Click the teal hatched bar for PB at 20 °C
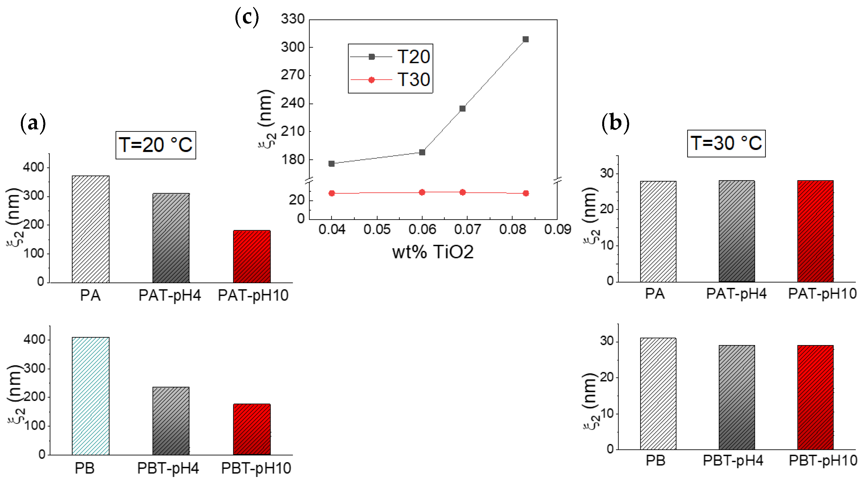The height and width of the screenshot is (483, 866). [x=90, y=396]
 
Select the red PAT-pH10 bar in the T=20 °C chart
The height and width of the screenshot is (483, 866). [x=252, y=256]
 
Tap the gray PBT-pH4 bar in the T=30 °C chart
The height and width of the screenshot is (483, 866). [x=737, y=397]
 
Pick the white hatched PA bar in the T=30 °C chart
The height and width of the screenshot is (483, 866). [x=658, y=232]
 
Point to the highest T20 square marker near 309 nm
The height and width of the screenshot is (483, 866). [x=526, y=39]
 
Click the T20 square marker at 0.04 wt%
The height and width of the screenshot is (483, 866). [x=331, y=164]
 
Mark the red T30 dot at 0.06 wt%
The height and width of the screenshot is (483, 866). [x=422, y=192]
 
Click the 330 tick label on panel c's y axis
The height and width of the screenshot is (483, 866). [x=292, y=19]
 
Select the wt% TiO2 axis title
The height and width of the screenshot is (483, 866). [x=433, y=252]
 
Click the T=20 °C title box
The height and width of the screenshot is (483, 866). [x=156, y=145]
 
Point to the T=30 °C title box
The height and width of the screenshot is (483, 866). [x=726, y=143]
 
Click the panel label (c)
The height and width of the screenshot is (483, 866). [x=247, y=17]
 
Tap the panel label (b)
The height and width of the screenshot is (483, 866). [x=615, y=123]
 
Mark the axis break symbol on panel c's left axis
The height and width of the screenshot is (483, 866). [x=309, y=180]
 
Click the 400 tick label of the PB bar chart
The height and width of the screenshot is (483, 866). [x=34, y=340]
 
